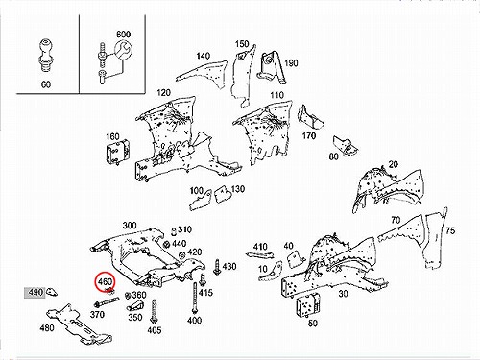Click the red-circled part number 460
106,282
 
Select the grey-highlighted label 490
36,292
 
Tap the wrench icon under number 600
123,51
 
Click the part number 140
203,56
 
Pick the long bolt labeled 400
194,298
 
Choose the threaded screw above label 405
154,312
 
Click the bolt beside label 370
107,301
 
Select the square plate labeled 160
118,154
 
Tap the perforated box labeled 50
308,305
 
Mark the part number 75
450,230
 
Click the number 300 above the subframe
130,226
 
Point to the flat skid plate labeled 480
79,324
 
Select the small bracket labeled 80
345,146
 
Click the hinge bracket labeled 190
271,67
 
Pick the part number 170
309,136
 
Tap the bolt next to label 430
217,267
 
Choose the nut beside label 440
166,244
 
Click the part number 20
394,164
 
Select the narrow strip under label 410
260,255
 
